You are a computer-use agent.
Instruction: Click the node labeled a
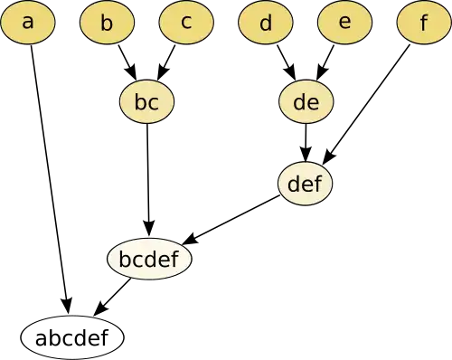(28, 23)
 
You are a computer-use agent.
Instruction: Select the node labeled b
(107, 23)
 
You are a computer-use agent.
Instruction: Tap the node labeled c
(186, 23)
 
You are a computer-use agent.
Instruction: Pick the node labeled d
(266, 23)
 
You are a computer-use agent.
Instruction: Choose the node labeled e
(345, 23)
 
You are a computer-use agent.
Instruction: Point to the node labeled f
(424, 23)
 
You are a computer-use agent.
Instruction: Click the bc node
(146, 101)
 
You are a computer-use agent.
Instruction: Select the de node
(306, 101)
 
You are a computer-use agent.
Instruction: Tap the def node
(305, 184)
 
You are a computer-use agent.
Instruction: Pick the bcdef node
(149, 259)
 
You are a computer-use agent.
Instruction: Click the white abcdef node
(72, 338)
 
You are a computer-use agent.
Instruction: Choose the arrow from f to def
(366, 105)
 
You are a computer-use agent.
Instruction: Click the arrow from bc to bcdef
(147, 181)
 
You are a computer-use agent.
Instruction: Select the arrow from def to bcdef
(231, 220)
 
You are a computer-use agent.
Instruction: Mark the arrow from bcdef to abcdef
(112, 298)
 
